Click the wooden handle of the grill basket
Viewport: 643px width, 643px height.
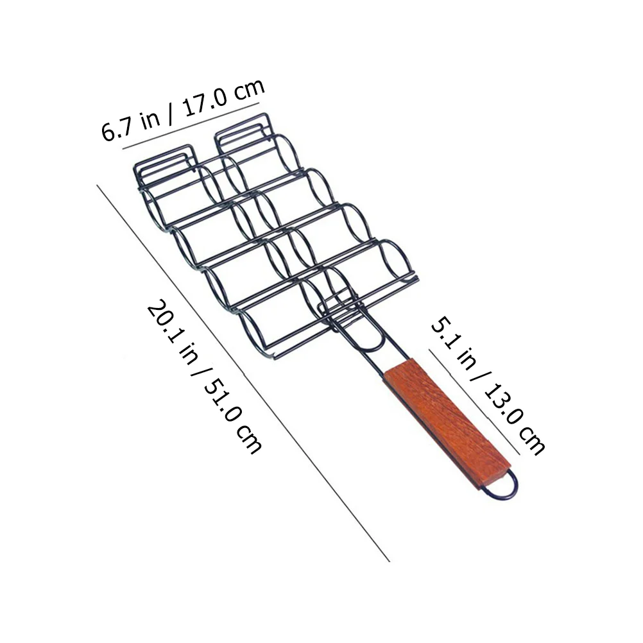447,424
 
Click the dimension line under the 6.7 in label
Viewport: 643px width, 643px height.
191,126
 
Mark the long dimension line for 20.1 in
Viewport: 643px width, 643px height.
243,373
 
